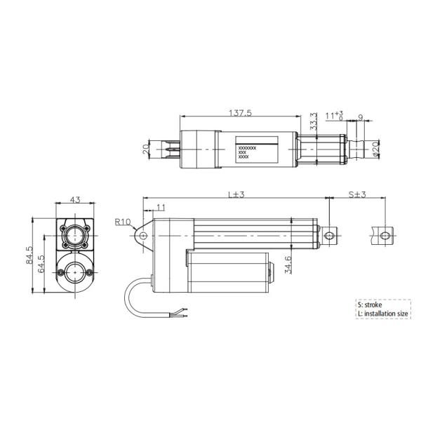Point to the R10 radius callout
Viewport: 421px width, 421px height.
[123, 222]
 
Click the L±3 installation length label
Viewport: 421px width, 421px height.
[235, 194]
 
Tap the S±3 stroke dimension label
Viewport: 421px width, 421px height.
[359, 194]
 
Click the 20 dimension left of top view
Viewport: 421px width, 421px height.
[146, 149]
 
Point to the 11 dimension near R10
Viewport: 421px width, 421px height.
[161, 208]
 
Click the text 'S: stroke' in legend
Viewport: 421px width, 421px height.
[370, 305]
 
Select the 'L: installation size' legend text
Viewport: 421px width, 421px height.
[383, 315]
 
